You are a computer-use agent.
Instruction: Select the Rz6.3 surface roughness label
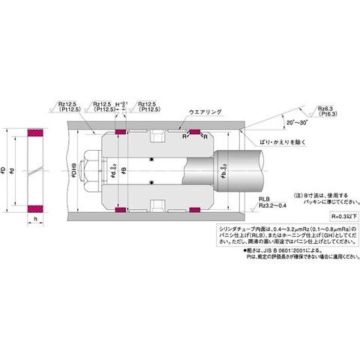328,109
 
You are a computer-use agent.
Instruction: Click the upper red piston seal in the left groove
120,133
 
